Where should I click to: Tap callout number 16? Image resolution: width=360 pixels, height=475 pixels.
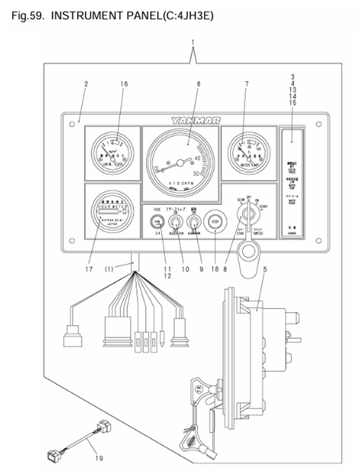pos(124,85)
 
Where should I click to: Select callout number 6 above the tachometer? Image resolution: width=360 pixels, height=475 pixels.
pos(199,85)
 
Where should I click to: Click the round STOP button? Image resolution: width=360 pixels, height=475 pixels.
pos(215,222)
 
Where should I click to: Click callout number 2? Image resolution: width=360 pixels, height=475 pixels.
pos(86,85)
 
